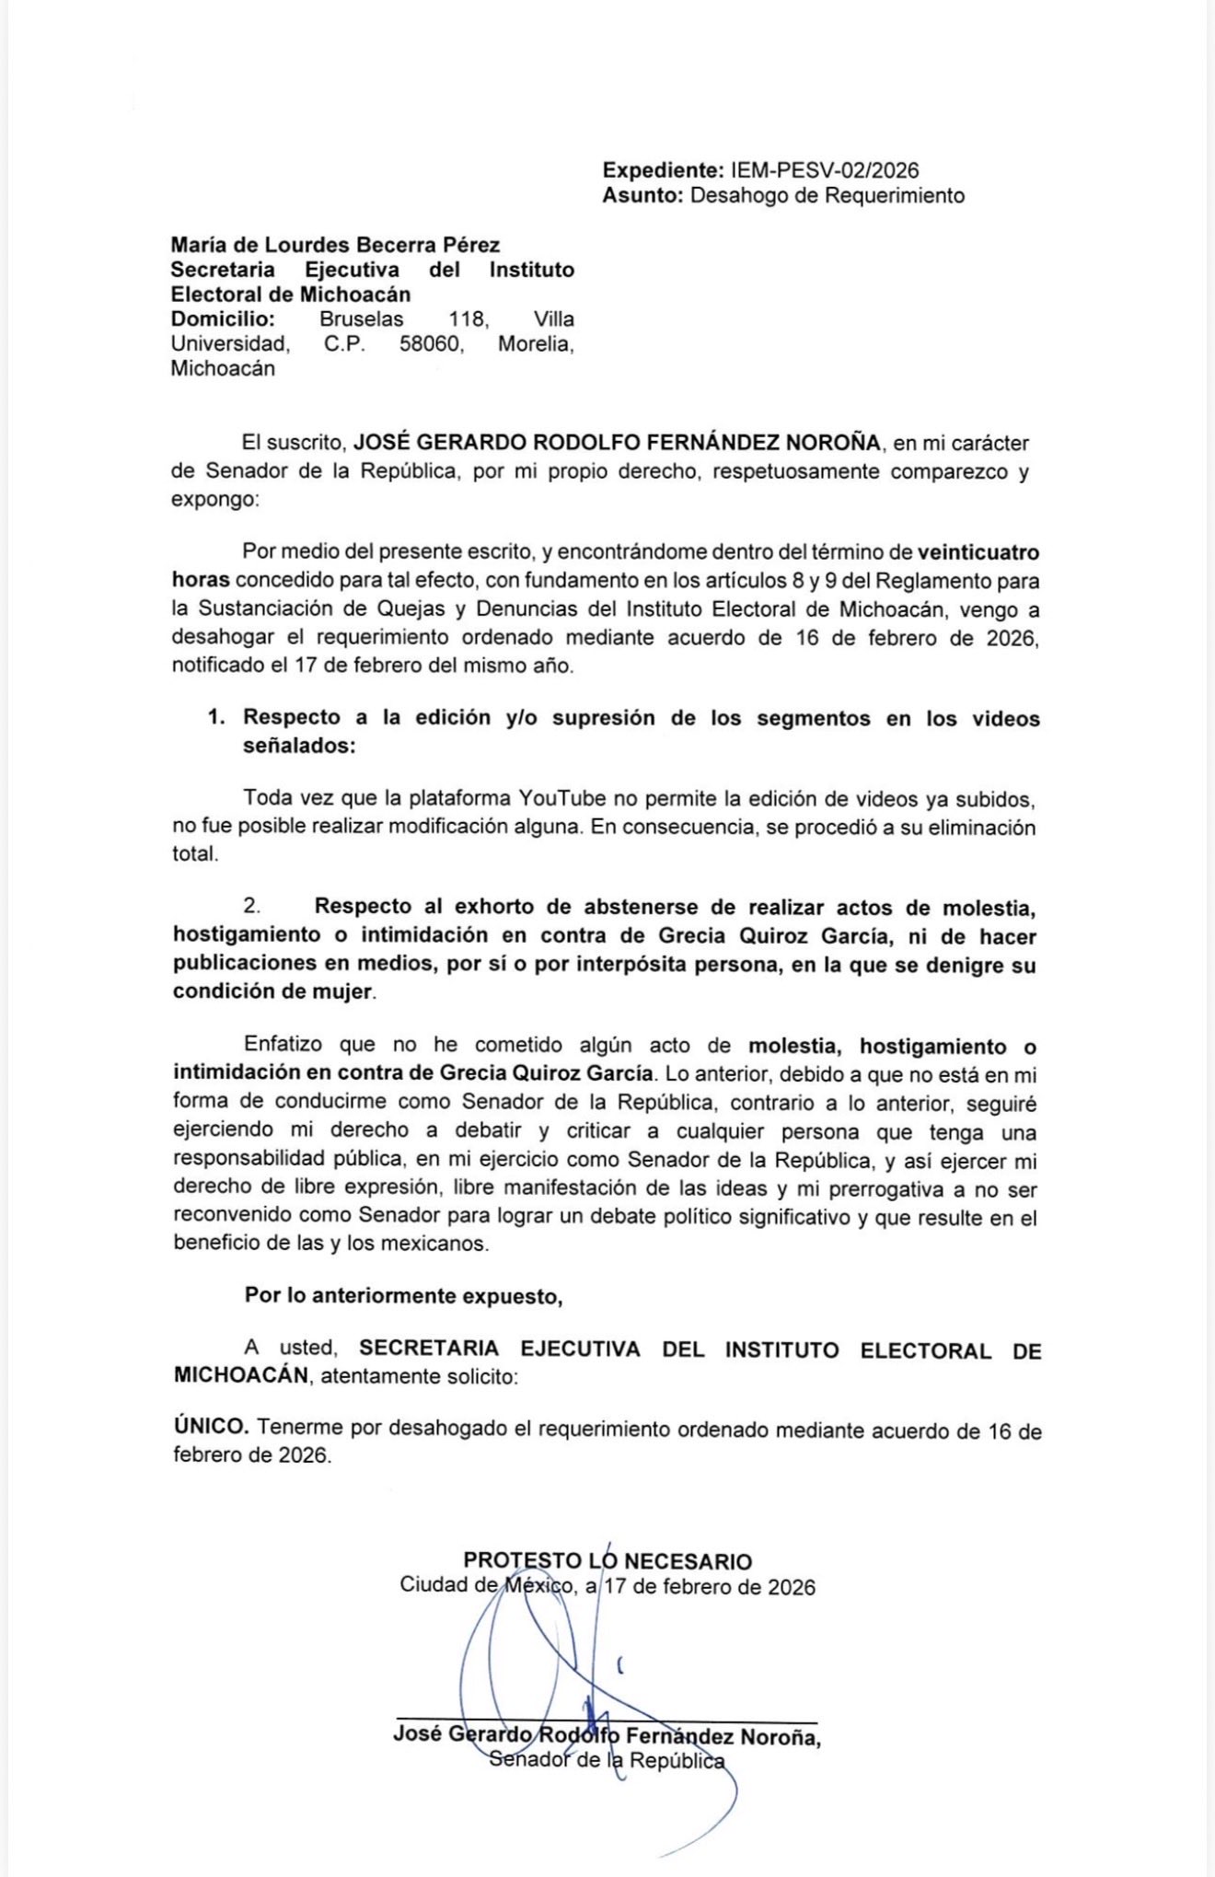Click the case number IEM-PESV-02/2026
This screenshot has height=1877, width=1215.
click(825, 170)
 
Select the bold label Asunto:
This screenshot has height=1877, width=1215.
click(642, 195)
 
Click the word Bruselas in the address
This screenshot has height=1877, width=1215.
click(361, 319)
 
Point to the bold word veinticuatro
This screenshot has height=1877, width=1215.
click(978, 552)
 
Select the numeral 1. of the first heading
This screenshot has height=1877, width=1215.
click(216, 718)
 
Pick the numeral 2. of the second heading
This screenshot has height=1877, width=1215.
click(252, 907)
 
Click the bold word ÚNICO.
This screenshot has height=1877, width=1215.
click(211, 1427)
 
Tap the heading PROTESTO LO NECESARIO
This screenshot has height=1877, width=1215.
click(607, 1561)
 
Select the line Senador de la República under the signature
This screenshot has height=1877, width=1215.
click(607, 1760)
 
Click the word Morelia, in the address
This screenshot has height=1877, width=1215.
click(536, 344)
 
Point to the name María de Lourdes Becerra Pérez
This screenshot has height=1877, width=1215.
click(335, 245)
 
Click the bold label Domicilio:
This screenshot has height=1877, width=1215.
click(223, 319)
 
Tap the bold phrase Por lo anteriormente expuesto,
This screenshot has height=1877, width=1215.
click(403, 1296)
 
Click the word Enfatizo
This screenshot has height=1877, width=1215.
click(283, 1045)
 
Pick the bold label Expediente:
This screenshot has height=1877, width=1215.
click(664, 170)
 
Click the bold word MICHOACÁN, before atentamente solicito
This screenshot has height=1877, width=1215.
click(242, 1376)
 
